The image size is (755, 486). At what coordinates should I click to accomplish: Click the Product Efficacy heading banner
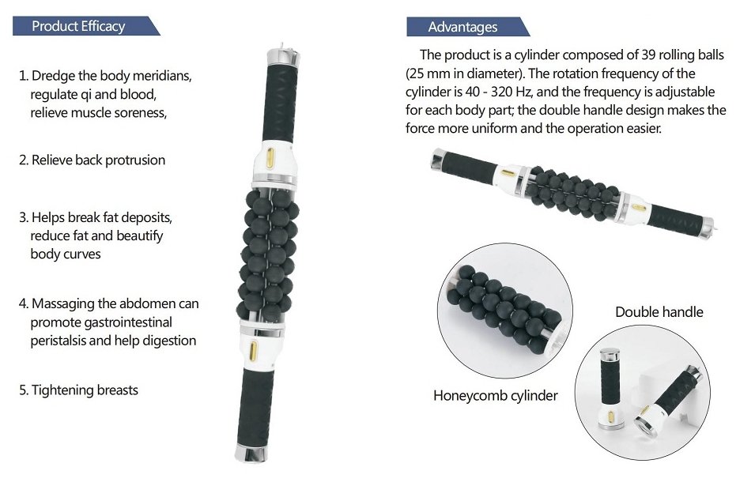(x=85, y=26)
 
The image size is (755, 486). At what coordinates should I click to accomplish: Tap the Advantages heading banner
(x=467, y=27)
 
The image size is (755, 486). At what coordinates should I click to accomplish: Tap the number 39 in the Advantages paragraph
(x=648, y=55)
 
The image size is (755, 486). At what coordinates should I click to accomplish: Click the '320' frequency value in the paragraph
(x=500, y=92)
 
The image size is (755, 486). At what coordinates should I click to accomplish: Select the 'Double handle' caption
(x=659, y=312)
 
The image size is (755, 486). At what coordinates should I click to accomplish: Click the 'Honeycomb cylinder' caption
(x=495, y=396)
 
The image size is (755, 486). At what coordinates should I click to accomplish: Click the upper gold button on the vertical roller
(x=270, y=157)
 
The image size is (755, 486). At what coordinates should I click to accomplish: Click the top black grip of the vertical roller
(x=280, y=104)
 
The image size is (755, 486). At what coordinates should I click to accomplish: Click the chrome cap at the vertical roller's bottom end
(x=251, y=454)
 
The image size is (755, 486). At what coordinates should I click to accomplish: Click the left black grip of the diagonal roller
(x=467, y=168)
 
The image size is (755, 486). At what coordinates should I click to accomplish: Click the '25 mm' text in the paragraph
(x=427, y=73)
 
